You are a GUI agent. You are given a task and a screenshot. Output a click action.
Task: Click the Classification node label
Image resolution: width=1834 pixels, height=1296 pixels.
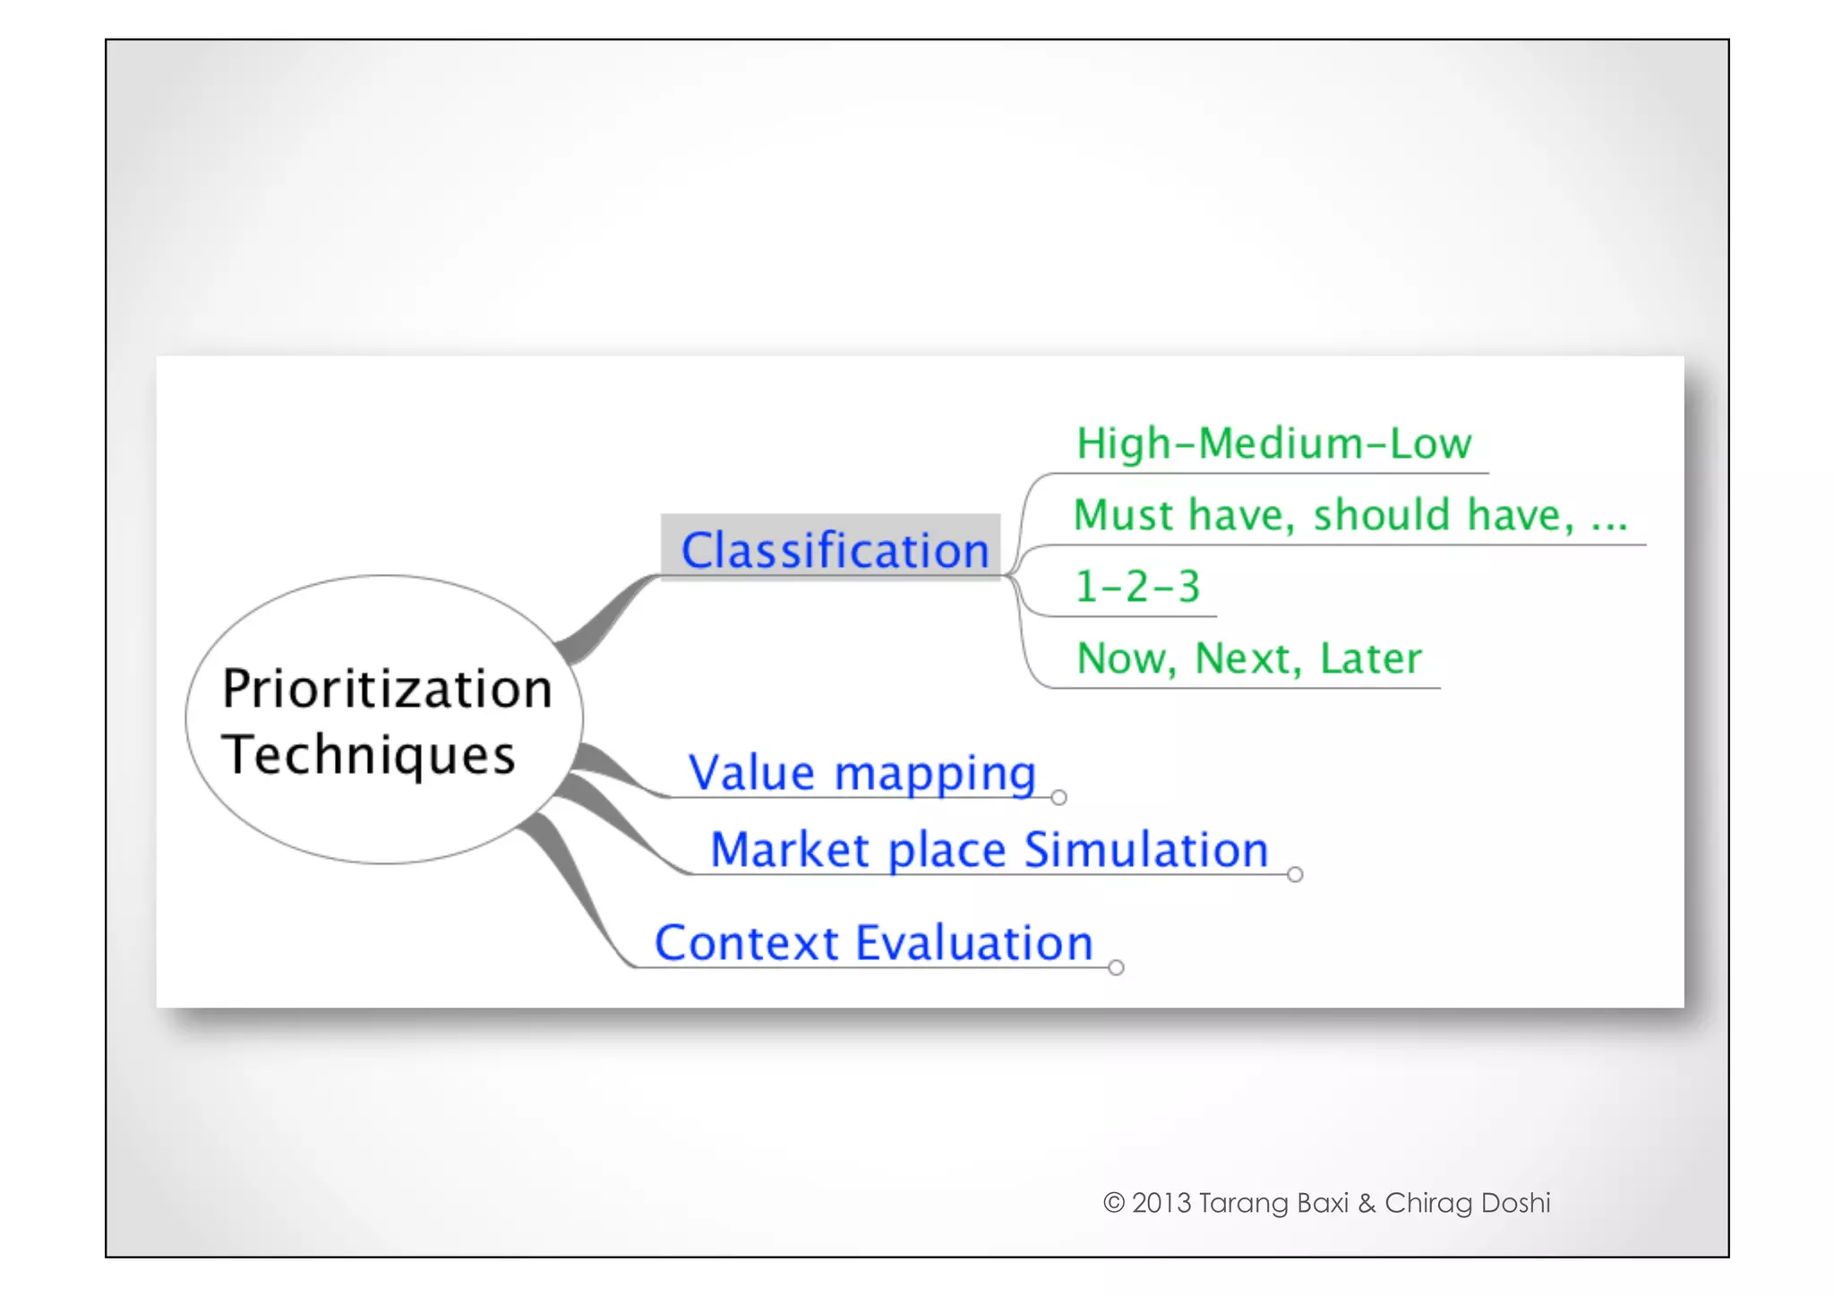tap(834, 549)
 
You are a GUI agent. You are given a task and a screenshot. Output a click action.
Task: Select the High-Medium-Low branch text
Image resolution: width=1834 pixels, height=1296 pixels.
tap(1273, 443)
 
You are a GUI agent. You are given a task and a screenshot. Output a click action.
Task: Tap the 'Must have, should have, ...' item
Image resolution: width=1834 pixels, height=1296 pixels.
tap(1349, 515)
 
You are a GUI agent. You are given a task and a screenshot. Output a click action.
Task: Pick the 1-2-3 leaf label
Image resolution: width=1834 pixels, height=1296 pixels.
tap(1136, 587)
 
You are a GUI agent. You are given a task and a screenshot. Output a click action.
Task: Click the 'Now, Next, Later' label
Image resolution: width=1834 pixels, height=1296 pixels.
tap(1248, 658)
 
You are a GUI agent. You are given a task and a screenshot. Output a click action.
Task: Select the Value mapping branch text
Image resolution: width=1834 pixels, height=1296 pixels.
tap(861, 772)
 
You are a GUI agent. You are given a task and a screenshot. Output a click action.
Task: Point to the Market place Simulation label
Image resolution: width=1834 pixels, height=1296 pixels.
tap(989, 849)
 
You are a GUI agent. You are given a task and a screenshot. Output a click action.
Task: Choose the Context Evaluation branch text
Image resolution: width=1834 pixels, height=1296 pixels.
tap(873, 942)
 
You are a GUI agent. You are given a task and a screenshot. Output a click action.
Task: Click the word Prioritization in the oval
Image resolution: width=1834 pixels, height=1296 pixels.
tap(387, 689)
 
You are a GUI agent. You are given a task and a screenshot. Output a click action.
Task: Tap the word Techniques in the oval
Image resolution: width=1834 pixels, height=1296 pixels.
tap(368, 754)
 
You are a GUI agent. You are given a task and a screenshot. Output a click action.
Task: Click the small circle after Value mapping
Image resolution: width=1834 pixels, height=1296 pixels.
tap(1058, 797)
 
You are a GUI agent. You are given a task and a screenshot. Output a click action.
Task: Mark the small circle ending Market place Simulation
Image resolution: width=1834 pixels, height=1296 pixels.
tap(1295, 874)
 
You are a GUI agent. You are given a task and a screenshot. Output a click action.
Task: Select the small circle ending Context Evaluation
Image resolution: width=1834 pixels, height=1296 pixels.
tap(1116, 967)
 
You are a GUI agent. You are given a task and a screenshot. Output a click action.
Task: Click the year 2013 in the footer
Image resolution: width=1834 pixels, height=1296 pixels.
tap(1161, 1203)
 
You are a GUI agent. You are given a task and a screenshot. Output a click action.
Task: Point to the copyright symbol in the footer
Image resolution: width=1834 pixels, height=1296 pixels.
tap(1113, 1203)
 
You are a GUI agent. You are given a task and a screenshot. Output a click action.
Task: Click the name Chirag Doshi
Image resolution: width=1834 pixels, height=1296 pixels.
tap(1467, 1203)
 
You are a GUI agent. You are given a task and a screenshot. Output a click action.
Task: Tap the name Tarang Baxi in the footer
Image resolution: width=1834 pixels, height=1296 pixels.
tap(1273, 1203)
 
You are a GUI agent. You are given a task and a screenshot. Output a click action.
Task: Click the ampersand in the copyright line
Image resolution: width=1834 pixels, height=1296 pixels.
tap(1367, 1203)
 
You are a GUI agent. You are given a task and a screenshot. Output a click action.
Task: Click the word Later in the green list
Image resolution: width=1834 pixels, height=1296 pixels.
tap(1370, 658)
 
